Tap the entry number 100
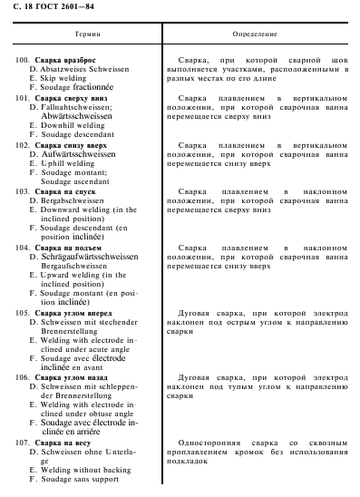click(22, 60)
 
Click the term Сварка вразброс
click(65, 60)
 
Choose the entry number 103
click(22, 192)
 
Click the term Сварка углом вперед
click(73, 312)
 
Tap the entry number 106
click(22, 376)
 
